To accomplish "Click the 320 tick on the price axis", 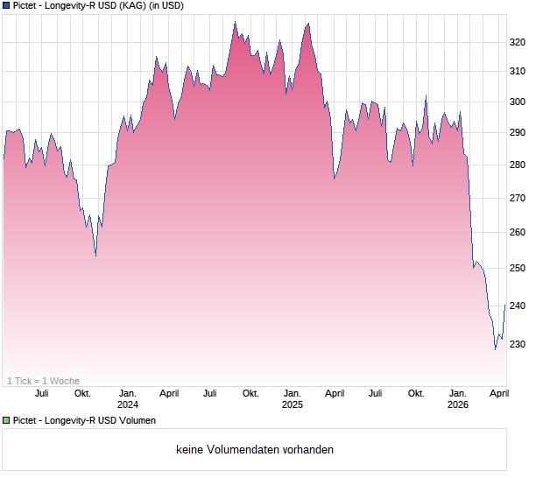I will tap(517, 41).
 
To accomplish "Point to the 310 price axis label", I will tap(517, 71).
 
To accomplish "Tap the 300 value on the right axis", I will tap(517, 102).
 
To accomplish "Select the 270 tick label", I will tap(517, 199).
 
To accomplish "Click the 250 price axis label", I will tap(517, 268).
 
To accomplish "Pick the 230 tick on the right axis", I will tap(517, 344).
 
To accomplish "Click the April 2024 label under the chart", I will tap(170, 393).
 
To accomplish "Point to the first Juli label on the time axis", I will tap(41, 393).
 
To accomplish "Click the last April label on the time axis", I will tap(499, 393).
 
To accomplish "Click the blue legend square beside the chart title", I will tap(6, 6).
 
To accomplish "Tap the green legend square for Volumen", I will tap(6, 421).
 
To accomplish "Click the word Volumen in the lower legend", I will tap(137, 421).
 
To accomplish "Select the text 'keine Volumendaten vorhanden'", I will tap(255, 450).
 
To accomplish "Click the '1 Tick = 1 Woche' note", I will tap(44, 381).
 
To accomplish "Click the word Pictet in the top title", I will tap(27, 6).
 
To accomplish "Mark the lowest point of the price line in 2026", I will tap(495, 348).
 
